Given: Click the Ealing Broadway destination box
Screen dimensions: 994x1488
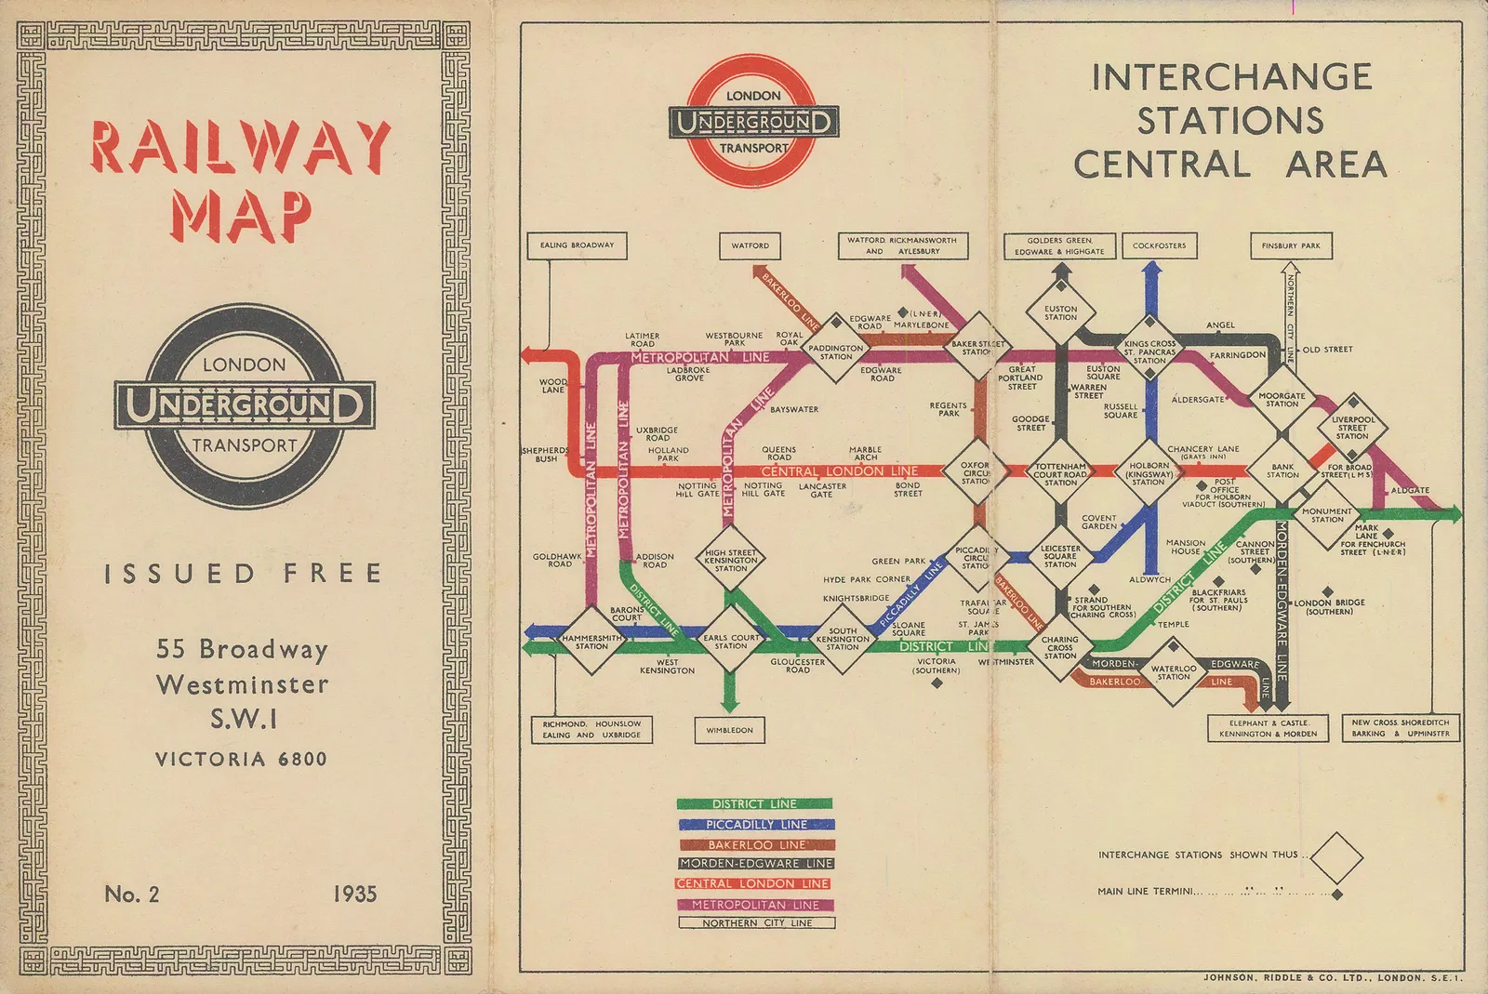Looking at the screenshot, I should [x=577, y=245].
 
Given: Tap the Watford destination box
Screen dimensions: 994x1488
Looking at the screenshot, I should [x=750, y=245].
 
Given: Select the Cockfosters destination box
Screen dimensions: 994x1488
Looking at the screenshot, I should [x=1159, y=245].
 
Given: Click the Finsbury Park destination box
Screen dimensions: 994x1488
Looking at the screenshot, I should [x=1291, y=245].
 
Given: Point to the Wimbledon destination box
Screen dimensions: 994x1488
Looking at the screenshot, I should [x=729, y=730].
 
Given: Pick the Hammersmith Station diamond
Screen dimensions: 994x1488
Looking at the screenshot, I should [x=591, y=642].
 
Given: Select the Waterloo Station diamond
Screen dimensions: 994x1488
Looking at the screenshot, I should [x=1173, y=672].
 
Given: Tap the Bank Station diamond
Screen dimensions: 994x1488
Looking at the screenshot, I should [x=1282, y=470].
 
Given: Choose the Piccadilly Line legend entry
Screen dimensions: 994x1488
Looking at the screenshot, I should [x=756, y=824].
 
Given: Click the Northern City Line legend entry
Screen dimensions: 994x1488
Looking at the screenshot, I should [x=756, y=923].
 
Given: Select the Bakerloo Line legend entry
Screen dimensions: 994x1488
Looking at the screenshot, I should [x=756, y=844].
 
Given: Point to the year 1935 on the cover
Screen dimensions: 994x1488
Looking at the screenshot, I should [x=354, y=894].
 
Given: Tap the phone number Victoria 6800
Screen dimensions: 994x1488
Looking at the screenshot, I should [x=241, y=759].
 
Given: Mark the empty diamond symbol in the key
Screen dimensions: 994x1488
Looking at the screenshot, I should [x=1335, y=857].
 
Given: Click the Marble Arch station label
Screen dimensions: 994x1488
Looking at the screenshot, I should [x=865, y=453].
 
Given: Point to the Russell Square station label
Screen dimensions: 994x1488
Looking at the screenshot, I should [x=1121, y=410].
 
